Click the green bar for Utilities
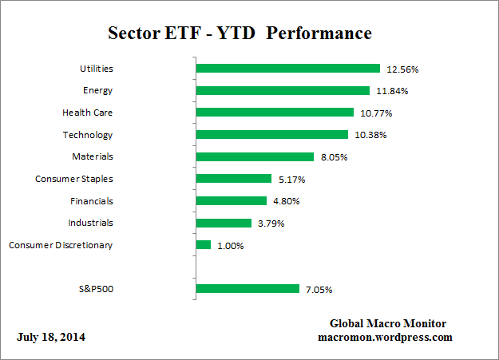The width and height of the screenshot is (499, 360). (287, 69)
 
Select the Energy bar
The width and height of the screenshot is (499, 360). (283, 91)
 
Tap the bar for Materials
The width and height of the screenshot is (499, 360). (255, 157)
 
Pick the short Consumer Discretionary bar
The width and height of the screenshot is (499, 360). (204, 245)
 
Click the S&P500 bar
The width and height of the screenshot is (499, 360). (248, 289)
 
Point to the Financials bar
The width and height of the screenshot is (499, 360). (231, 201)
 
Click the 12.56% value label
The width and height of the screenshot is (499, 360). (402, 69)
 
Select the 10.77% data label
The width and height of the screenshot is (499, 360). (376, 113)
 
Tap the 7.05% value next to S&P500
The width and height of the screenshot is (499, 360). (319, 289)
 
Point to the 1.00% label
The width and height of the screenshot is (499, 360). (230, 246)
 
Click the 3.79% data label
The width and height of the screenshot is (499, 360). (271, 224)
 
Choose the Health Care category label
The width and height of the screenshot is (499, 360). (87, 113)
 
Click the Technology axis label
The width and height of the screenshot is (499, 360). (88, 135)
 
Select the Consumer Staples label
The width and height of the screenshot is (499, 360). (73, 179)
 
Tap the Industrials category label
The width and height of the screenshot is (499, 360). (90, 223)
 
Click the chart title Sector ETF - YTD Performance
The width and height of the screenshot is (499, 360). (240, 34)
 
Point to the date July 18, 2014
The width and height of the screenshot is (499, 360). (51, 338)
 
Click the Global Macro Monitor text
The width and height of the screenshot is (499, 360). (388, 323)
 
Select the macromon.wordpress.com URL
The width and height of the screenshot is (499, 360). (385, 337)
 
